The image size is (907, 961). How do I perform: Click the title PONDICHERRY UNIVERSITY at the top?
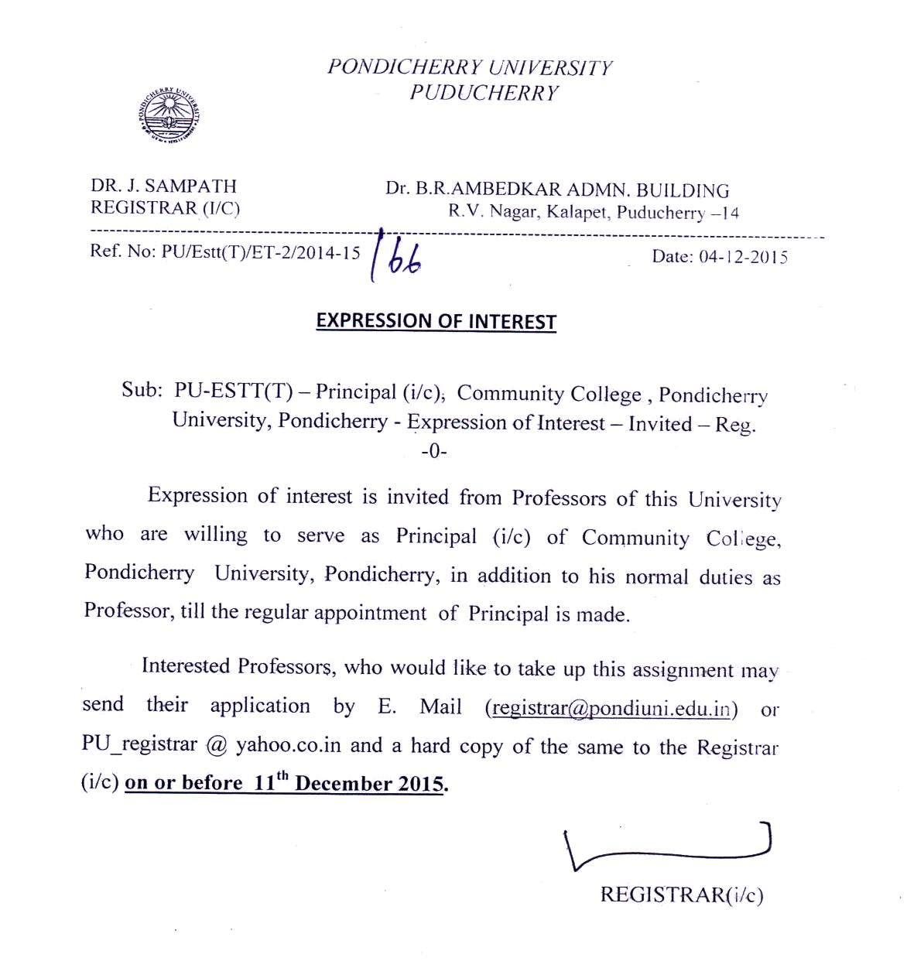[x=469, y=67]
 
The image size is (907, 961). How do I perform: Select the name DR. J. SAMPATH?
[x=164, y=186]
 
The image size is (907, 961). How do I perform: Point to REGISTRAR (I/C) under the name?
[x=166, y=208]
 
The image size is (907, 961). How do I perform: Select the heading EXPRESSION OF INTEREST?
[x=436, y=321]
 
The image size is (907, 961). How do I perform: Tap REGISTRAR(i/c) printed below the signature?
[x=682, y=895]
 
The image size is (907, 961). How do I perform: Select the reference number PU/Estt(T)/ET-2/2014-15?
[x=260, y=252]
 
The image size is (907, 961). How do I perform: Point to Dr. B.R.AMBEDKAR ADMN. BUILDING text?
[x=557, y=190]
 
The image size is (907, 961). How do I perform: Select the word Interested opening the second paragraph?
[x=186, y=666]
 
